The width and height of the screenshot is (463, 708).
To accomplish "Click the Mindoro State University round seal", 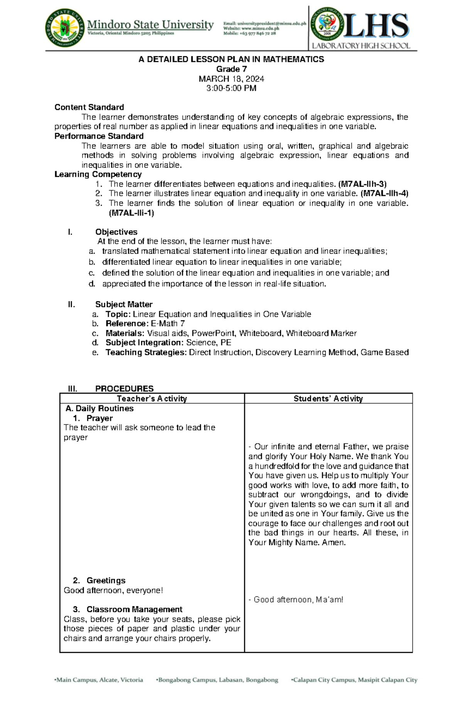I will pos(64,28).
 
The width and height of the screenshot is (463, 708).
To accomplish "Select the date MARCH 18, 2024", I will pos(231,79).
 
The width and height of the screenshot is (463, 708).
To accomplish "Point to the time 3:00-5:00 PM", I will pos(231,88).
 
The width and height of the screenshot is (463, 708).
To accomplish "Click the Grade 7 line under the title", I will pos(231,69).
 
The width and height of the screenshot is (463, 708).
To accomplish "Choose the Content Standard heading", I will pos(89,107).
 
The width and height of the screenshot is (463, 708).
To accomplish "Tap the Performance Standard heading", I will pos(99,136).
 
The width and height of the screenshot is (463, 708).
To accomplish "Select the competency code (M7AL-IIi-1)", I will pos(132,213).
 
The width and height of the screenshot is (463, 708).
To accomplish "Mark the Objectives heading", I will pos(116,232).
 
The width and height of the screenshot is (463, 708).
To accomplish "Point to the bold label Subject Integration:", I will pos(145,343).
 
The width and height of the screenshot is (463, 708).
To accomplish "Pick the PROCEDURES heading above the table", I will pos(124,389).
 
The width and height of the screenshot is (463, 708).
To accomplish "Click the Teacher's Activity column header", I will pos(152,399).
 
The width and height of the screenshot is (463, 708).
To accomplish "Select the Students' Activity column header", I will pos(328,399).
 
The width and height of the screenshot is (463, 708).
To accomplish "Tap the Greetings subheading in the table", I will pos(106,580).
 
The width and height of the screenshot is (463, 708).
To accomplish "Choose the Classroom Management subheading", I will pos(134,609).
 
